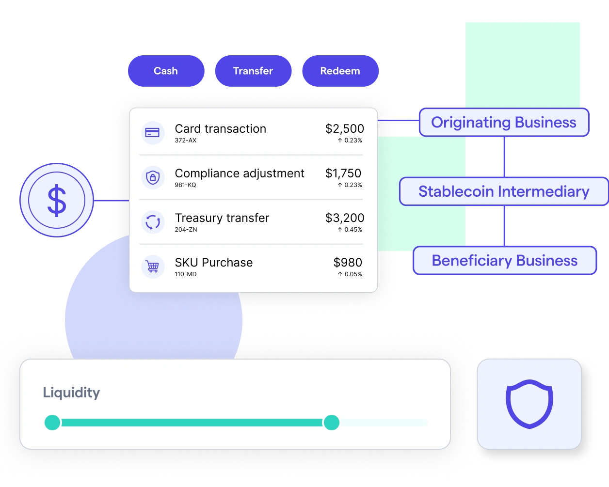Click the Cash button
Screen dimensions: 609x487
click(x=166, y=71)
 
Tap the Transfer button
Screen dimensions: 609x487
click(x=253, y=71)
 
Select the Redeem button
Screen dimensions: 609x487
click(x=340, y=71)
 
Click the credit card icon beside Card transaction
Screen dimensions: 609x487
click(x=153, y=133)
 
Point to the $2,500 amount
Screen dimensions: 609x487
click(x=344, y=128)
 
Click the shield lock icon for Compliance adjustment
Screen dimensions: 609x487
click(x=153, y=177)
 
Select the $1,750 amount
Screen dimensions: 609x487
click(x=343, y=173)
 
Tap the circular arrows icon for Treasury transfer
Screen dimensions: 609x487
click(x=153, y=222)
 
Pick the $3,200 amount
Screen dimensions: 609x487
click(x=344, y=218)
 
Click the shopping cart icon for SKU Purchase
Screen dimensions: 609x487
click(x=153, y=267)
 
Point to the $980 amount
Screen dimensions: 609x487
click(x=348, y=262)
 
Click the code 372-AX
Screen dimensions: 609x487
click(x=186, y=141)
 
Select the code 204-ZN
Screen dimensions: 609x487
click(x=186, y=230)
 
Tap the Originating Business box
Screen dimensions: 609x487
click(x=504, y=122)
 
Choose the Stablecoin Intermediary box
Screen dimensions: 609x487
click(x=504, y=191)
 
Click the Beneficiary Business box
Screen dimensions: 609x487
click(x=504, y=261)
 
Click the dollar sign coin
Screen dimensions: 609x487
click(x=57, y=200)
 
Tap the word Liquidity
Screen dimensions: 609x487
click(x=71, y=393)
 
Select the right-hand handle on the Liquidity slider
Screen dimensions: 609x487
click(x=332, y=422)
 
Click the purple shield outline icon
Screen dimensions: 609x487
click(x=529, y=404)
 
